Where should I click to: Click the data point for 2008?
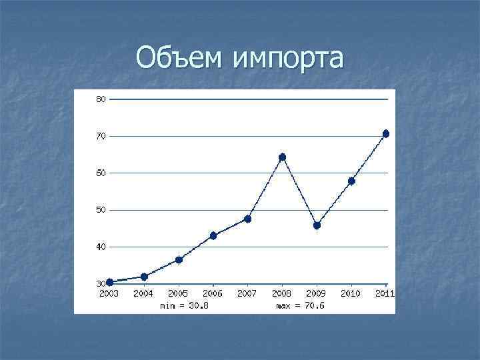(x=282, y=157)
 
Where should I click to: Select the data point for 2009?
(x=317, y=225)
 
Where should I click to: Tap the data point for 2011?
(x=385, y=134)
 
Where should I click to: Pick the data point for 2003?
(x=109, y=282)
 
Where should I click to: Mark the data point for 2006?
(x=213, y=235)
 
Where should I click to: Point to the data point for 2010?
(x=351, y=181)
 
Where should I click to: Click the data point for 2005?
(x=179, y=259)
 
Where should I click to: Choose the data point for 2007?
(x=247, y=219)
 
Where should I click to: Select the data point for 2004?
(x=144, y=276)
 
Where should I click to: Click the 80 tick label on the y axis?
(x=101, y=99)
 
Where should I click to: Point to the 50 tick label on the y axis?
(x=101, y=210)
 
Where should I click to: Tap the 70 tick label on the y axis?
(x=101, y=136)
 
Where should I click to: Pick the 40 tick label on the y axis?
(x=101, y=247)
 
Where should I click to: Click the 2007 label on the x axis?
(x=247, y=293)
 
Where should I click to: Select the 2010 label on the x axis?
(x=351, y=293)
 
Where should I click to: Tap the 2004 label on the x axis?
(x=143, y=293)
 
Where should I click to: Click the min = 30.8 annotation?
(x=185, y=306)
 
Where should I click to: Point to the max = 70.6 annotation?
(x=301, y=306)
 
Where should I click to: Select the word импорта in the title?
(x=288, y=59)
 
